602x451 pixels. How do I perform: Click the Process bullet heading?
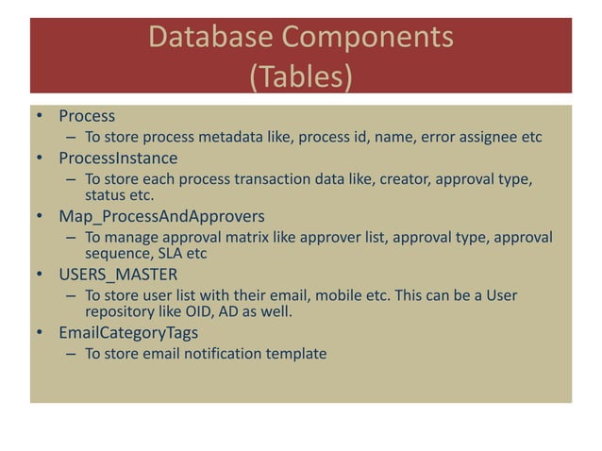[x=86, y=116]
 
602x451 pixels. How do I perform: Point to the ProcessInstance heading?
[x=117, y=158]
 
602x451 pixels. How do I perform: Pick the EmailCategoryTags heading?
[x=131, y=333]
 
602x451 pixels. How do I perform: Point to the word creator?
[x=378, y=179]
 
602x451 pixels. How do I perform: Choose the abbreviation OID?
[x=201, y=311]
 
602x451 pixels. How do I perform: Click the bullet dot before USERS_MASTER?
[x=42, y=276]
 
